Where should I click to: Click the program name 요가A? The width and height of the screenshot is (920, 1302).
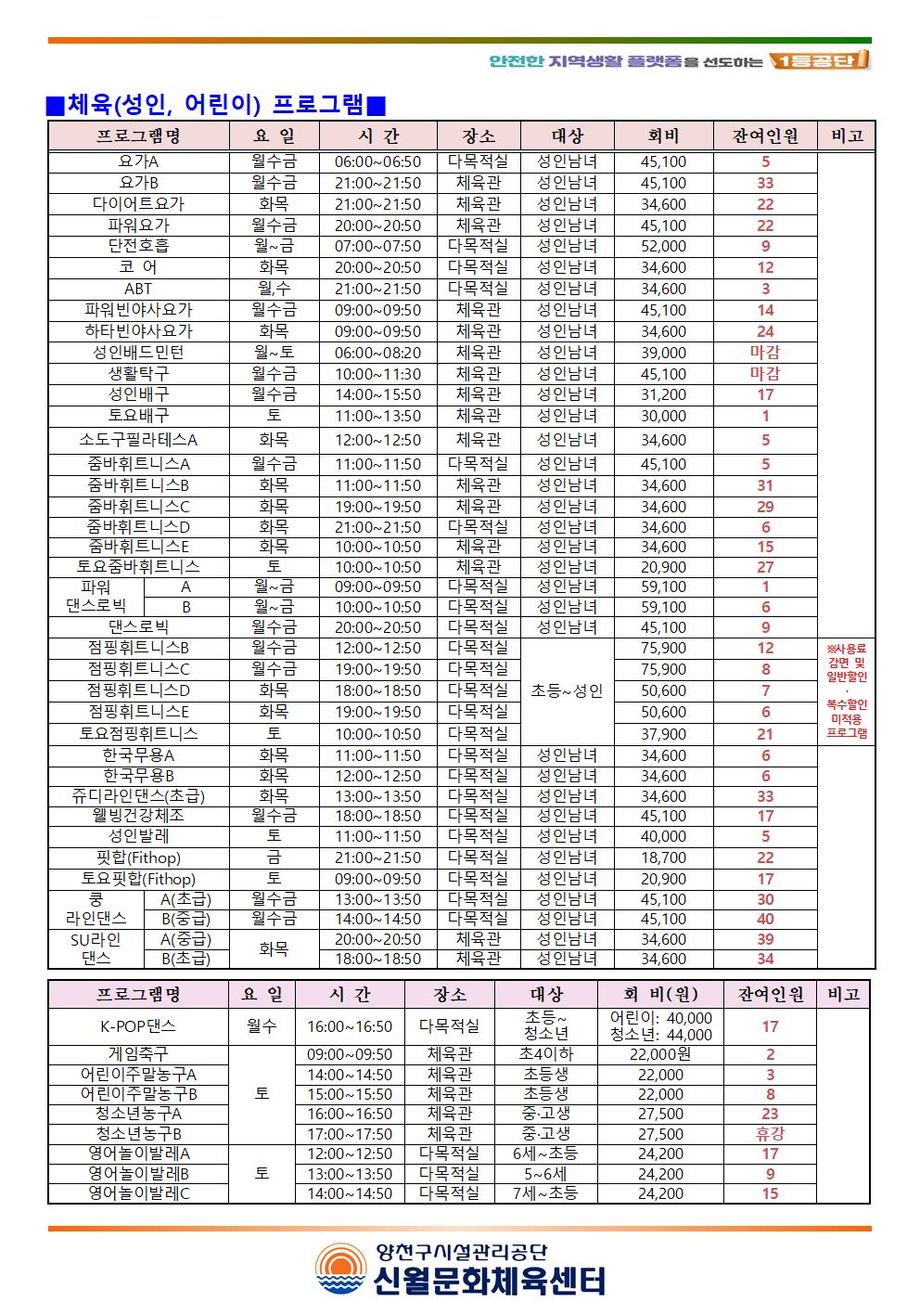click(138, 161)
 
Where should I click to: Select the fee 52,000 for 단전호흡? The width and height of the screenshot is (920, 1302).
click(663, 246)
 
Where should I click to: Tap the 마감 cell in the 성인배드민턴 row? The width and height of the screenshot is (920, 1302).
click(765, 353)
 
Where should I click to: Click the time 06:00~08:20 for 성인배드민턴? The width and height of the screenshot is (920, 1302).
click(377, 353)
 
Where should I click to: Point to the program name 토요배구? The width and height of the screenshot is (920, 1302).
click(138, 416)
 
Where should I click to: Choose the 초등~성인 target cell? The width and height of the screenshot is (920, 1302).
click(567, 690)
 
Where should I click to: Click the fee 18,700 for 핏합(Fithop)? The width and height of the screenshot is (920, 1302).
click(663, 857)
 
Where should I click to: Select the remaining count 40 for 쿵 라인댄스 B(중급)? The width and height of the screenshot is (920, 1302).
click(765, 919)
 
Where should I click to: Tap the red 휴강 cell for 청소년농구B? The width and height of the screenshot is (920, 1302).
click(770, 1133)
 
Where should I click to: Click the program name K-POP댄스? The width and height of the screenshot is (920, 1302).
click(138, 1026)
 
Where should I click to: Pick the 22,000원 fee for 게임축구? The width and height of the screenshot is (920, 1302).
click(659, 1054)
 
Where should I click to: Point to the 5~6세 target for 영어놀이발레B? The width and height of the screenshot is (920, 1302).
click(545, 1173)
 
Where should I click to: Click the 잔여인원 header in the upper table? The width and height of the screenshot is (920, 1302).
click(765, 135)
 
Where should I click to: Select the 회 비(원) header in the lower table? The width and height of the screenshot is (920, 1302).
click(659, 994)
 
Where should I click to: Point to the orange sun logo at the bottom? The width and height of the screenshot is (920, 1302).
click(340, 1270)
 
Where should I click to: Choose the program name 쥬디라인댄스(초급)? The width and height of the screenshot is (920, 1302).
click(138, 796)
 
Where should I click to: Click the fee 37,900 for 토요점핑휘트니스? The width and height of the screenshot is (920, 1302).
click(663, 734)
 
